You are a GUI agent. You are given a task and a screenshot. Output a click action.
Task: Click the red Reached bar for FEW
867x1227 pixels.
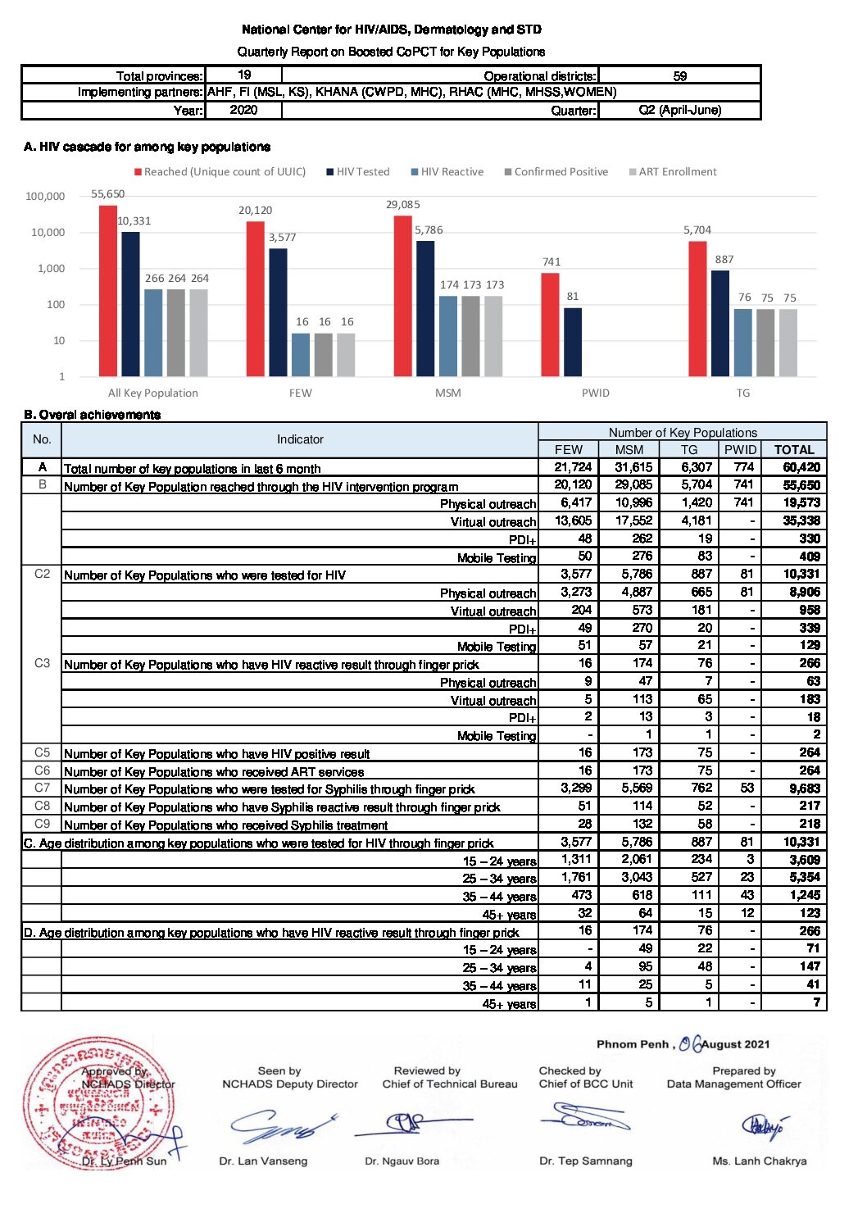255,298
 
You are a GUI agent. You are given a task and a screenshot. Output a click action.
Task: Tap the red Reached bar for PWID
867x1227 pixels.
550,325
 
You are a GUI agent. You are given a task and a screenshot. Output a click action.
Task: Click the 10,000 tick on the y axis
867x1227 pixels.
48,233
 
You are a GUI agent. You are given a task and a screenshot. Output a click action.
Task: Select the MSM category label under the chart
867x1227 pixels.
447,393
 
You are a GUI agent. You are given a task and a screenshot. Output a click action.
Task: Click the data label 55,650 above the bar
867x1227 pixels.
107,194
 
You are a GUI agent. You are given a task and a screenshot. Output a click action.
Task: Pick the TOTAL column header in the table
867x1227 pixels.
794,450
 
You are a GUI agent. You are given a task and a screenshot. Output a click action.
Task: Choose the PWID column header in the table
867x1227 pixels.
740,450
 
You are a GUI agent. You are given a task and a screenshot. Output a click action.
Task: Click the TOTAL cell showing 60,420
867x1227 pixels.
801,467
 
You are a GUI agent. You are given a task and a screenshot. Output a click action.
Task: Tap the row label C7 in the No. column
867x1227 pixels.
42,788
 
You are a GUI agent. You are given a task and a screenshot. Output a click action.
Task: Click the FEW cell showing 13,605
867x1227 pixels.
573,520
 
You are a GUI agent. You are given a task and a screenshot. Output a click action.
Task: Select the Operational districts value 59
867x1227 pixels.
679,76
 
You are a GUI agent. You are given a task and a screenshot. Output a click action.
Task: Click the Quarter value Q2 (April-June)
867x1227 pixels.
679,110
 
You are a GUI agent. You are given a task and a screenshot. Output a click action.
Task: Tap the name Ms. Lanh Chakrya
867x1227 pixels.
759,1161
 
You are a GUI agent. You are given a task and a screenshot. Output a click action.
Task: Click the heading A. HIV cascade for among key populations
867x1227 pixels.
147,147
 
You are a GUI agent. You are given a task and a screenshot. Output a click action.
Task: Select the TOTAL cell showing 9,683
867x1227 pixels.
804,788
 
